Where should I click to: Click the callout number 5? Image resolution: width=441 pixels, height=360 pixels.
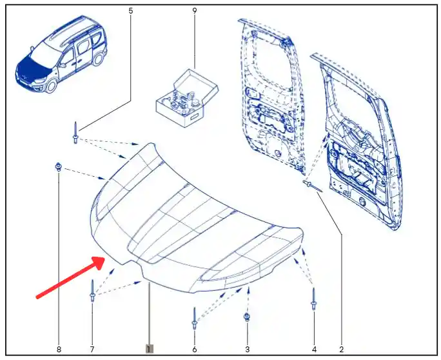click(x=130, y=11)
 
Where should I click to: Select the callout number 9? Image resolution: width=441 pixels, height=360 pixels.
click(x=195, y=11)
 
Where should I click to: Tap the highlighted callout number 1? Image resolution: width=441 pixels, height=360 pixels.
click(x=149, y=349)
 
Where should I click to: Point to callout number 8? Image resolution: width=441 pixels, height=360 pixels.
click(x=59, y=350)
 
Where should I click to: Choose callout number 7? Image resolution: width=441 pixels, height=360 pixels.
click(x=92, y=350)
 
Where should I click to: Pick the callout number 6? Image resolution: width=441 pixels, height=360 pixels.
click(x=195, y=350)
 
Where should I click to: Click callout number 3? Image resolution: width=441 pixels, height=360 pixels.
click(x=247, y=350)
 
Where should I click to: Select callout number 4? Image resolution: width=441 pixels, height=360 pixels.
click(x=314, y=350)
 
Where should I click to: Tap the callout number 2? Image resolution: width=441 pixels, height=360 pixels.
click(x=342, y=350)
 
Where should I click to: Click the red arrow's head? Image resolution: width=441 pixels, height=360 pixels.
click(x=99, y=261)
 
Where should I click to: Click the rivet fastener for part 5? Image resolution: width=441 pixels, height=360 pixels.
click(x=75, y=132)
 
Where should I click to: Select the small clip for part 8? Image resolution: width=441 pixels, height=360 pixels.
click(x=58, y=167)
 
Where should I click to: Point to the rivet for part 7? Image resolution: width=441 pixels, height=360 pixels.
click(x=92, y=291)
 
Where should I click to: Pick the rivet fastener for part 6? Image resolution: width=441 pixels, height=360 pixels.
click(x=194, y=318)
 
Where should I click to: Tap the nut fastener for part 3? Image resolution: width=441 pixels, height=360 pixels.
click(x=247, y=317)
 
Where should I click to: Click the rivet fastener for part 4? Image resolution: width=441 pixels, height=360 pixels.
click(x=313, y=299)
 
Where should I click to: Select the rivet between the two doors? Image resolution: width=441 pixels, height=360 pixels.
click(x=312, y=186)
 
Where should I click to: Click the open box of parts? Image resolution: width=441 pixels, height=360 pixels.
click(x=187, y=97)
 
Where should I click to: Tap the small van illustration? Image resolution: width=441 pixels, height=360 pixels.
click(x=61, y=54)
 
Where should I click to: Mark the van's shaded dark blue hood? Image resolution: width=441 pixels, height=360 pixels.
click(x=33, y=68)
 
